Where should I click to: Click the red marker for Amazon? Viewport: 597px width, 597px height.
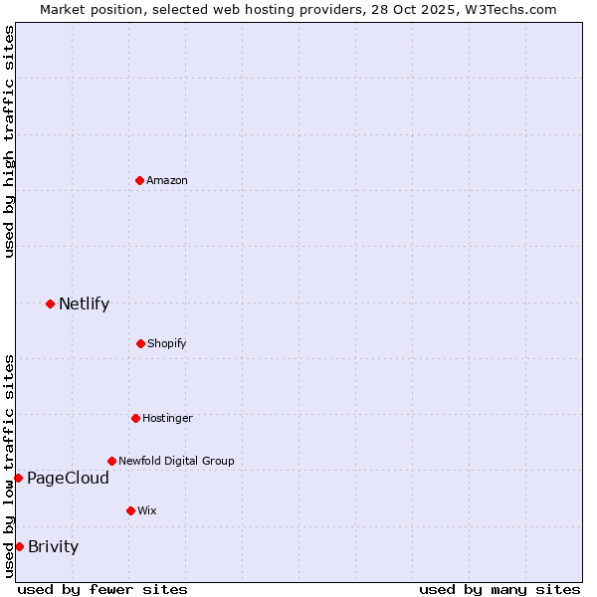139,180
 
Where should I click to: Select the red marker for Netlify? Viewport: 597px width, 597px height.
50,303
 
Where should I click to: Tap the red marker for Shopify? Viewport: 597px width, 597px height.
140,343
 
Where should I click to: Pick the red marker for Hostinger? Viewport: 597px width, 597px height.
135,418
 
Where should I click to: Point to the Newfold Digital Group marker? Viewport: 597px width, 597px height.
111,461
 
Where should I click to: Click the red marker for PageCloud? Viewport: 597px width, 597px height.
18,479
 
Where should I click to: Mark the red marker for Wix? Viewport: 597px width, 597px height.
130,510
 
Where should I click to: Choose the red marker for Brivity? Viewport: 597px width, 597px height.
19,546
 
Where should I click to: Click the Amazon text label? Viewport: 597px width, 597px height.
167,180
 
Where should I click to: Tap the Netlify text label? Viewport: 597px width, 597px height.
84,304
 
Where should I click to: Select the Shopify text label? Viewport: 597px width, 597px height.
166,343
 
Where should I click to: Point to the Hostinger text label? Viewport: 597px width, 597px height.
167,418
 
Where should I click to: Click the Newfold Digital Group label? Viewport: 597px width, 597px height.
176,461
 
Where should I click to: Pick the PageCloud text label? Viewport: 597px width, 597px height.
68,479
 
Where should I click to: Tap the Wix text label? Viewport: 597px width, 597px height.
147,510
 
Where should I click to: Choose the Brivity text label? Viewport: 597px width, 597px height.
53,546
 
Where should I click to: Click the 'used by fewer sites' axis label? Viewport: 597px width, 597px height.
102,589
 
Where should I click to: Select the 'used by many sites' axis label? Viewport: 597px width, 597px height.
499,589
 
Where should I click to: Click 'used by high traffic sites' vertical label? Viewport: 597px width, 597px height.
9,141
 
